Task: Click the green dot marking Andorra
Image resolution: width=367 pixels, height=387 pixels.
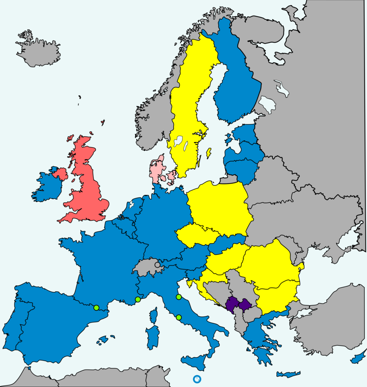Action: pos(96,307)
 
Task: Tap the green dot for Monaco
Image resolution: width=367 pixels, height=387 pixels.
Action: pos(138,299)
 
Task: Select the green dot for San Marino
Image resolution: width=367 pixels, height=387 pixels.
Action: pos(179,297)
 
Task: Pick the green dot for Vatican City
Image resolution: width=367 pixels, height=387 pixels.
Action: pos(179,317)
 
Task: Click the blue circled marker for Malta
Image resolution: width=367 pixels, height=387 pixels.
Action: pos(197,379)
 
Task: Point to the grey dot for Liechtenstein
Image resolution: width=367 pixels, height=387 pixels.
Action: pos(157,265)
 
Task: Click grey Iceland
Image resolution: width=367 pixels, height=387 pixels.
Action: pos(38,51)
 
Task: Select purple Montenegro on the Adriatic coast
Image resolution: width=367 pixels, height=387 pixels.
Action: pos(231,305)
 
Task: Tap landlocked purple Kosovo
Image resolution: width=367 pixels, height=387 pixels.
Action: pos(244,304)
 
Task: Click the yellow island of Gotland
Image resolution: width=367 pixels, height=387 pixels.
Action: pos(208,153)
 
